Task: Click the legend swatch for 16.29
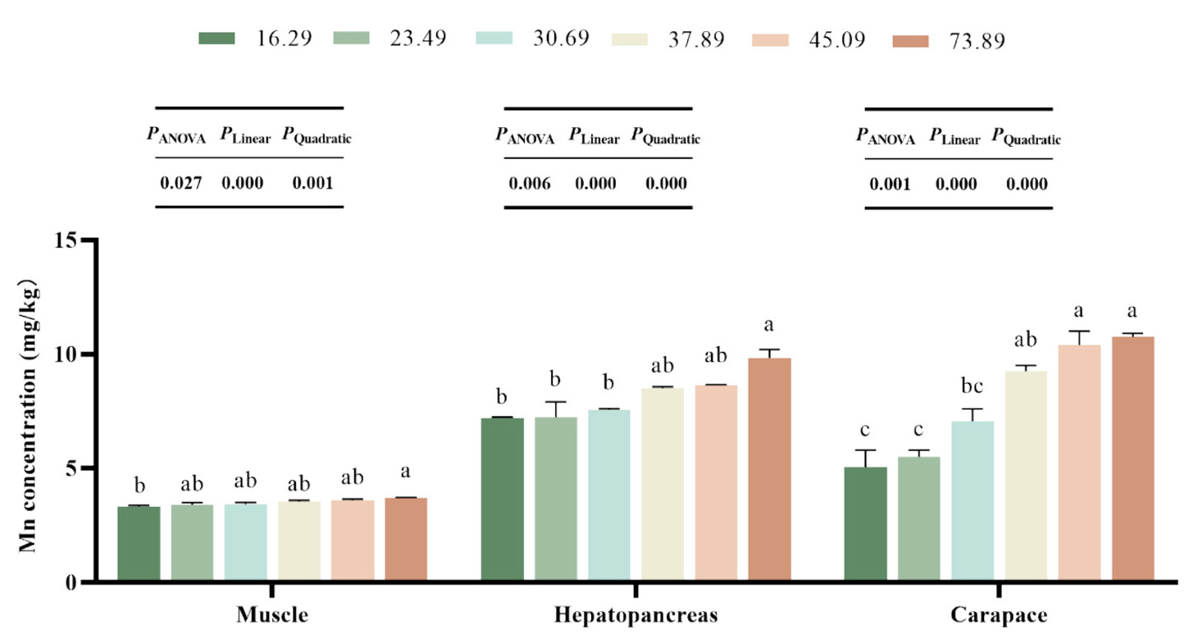216,38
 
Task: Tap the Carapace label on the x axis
999,616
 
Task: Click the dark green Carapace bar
866,525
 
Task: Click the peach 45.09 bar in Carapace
1079,464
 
